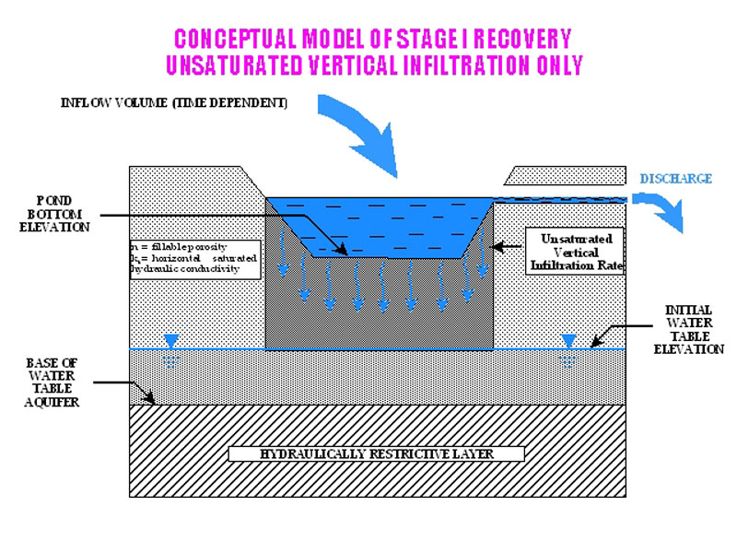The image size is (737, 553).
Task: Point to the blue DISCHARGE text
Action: pyautogui.click(x=675, y=178)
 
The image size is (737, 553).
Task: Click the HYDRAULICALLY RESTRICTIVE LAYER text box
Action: pyautogui.click(x=376, y=453)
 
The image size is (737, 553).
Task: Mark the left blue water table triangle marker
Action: pyautogui.click(x=170, y=343)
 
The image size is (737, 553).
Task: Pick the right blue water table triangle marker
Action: pyautogui.click(x=568, y=343)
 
